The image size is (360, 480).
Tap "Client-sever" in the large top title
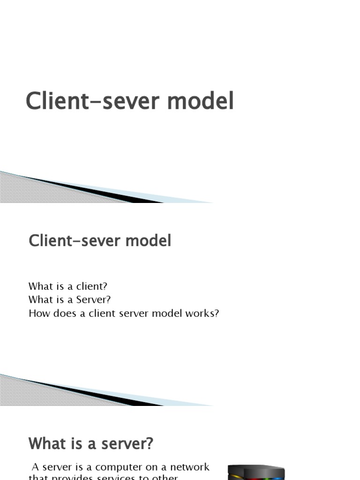96,102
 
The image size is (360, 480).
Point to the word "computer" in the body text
115,467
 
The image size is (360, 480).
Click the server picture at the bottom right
256,472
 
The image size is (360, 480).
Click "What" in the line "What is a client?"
39,286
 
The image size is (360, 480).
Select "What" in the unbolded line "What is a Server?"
39,300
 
